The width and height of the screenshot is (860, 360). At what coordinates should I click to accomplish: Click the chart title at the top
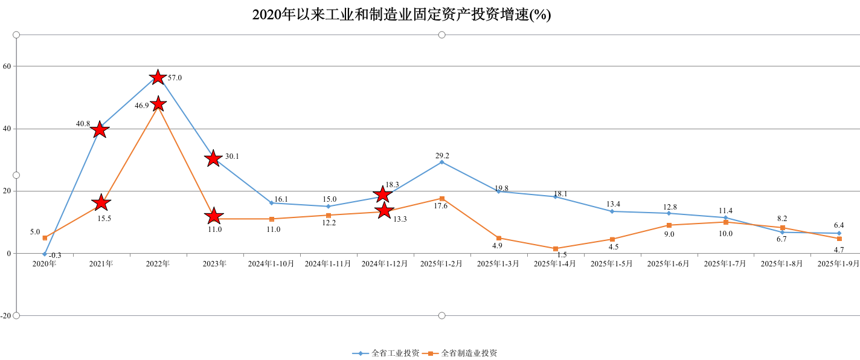tap(401, 15)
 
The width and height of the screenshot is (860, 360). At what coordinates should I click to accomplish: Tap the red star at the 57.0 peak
tap(158, 77)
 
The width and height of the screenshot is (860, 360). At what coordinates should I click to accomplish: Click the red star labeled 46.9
tap(158, 104)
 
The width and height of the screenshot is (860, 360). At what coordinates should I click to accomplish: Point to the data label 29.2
tap(442, 156)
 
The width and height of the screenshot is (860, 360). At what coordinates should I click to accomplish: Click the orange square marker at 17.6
tap(442, 199)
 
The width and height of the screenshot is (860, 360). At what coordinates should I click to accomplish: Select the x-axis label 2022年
tap(158, 264)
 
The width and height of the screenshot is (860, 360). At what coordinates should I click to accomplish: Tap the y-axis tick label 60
tap(7, 66)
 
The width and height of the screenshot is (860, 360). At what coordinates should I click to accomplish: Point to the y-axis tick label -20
tap(5, 316)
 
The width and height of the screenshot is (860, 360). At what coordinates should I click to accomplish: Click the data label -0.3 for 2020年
tap(55, 256)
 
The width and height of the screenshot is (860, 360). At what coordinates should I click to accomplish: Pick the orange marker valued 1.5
tap(556, 249)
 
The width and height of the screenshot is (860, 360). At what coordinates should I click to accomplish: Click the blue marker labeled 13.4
tap(612, 211)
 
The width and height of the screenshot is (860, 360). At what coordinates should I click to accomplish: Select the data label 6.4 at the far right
tap(839, 225)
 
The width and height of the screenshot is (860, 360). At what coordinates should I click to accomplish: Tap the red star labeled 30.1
tap(213, 159)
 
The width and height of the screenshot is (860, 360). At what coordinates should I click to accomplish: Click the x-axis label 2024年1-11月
tap(328, 264)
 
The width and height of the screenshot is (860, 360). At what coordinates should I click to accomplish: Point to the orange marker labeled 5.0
tap(45, 238)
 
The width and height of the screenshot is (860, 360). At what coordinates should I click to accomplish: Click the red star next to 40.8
tap(101, 129)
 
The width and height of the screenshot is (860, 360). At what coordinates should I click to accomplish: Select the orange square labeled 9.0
tap(669, 225)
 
